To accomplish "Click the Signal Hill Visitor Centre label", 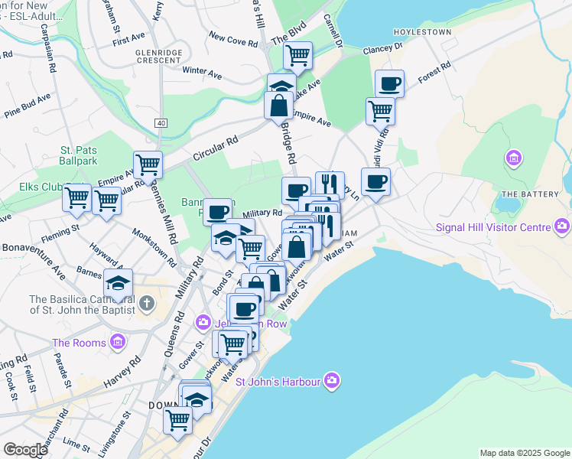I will (492, 227).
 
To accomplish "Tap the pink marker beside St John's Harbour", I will (331, 380).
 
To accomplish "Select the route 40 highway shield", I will (160, 123).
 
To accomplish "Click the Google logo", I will (25, 450).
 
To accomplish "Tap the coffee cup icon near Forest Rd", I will (389, 83).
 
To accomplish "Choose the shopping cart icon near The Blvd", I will (297, 54).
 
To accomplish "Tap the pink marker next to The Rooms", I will (117, 341).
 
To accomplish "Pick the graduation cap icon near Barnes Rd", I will (118, 283).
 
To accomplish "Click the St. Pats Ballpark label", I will (79, 156).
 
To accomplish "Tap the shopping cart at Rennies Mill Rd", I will (148, 163).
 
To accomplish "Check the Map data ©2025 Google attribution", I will (525, 453).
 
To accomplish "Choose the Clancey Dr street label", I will (383, 47).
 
